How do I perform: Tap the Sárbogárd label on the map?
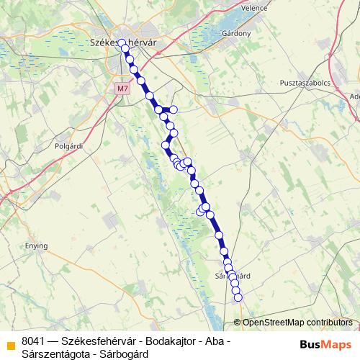233,276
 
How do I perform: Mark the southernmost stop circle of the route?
238,297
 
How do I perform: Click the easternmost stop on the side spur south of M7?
173,109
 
